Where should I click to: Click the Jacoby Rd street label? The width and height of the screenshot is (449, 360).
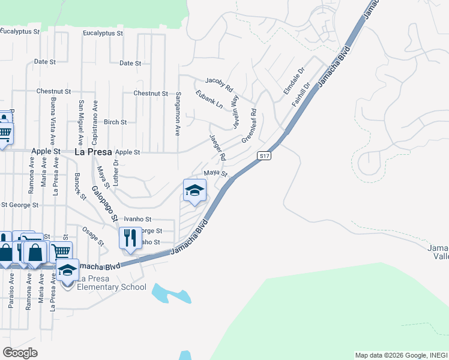point(218,80)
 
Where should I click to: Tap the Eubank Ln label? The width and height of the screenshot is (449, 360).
point(209,99)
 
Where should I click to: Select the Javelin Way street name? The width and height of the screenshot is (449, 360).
point(235,112)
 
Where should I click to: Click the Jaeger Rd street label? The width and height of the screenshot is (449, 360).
point(217,147)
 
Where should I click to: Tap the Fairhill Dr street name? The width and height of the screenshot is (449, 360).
point(301,95)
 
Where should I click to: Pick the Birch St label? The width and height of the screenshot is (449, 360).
point(115,122)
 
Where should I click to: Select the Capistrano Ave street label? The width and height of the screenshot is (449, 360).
point(95,121)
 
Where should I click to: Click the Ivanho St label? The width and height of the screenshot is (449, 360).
point(137,220)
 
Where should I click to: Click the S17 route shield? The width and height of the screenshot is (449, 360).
point(265,156)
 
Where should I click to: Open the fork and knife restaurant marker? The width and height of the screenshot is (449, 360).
point(130,238)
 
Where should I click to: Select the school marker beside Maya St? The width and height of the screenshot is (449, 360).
point(194,191)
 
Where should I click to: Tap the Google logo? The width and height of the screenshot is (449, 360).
point(20,353)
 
